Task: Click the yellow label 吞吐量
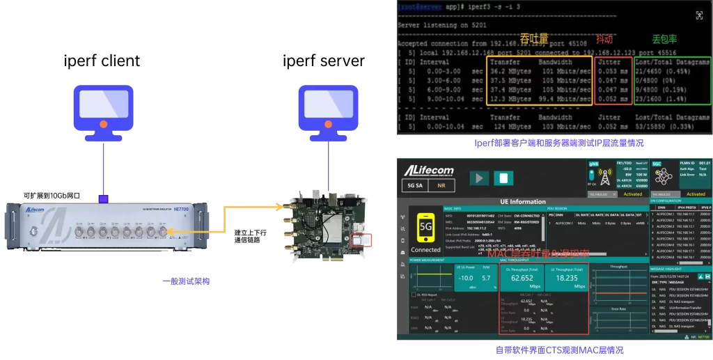(534, 39)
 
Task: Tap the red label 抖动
(604, 40)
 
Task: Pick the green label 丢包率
(665, 40)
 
